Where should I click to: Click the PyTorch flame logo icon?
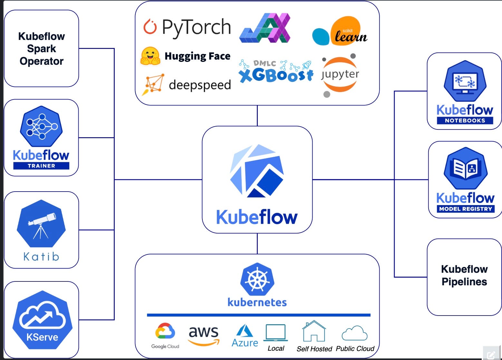tap(150, 27)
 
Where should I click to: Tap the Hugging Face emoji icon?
tap(150, 56)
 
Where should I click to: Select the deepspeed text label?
tap(200, 85)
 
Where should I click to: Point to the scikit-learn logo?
tap(340, 32)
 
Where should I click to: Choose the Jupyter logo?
tap(340, 75)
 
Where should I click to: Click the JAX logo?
tap(265, 28)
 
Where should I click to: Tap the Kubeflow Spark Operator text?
tap(42, 49)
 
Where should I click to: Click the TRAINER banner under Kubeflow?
tap(41, 166)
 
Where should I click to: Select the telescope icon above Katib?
tap(41, 224)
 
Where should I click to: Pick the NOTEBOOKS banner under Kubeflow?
tap(465, 120)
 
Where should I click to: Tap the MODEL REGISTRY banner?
tap(466, 209)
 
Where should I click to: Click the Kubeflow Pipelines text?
tap(464, 275)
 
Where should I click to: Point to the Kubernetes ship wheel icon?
tap(257, 279)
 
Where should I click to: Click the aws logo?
tap(204, 335)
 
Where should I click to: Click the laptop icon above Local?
tap(275, 333)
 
